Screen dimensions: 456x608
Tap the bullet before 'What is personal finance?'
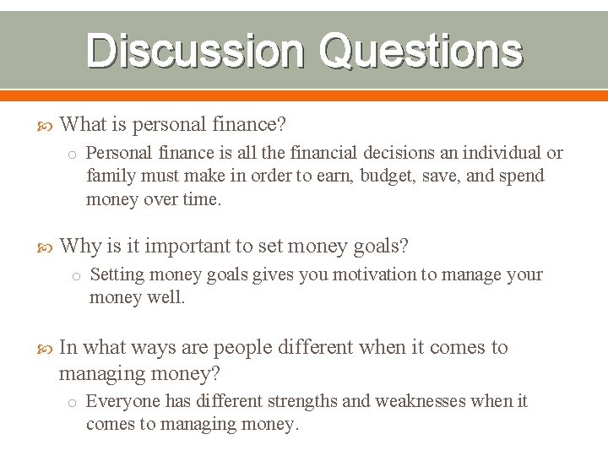47,126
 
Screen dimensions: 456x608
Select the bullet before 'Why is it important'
47,247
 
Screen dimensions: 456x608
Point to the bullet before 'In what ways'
47,349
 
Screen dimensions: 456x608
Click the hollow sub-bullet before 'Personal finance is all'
73,154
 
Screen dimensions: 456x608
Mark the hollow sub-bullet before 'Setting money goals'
75,275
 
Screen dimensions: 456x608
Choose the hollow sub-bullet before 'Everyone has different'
73,402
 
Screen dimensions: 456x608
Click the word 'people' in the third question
241,348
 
